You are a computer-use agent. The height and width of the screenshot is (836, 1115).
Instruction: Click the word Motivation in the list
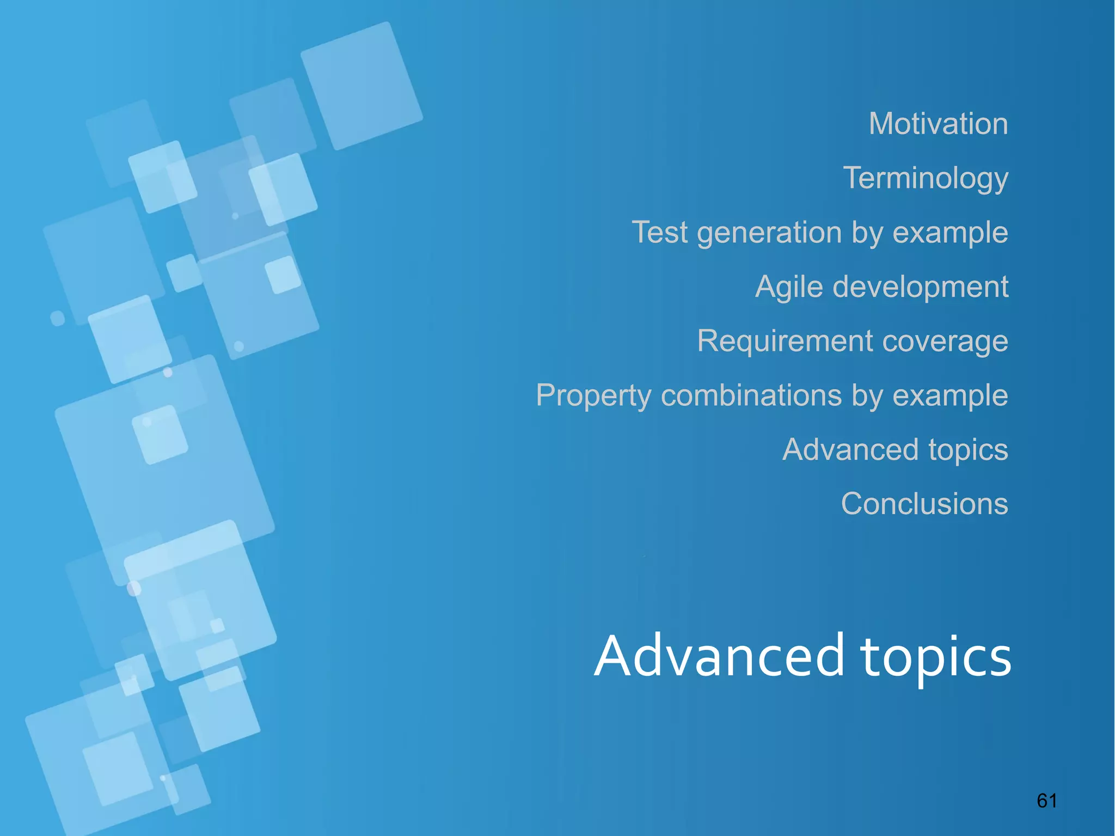click(x=938, y=124)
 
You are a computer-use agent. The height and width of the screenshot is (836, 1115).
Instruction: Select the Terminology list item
click(x=926, y=178)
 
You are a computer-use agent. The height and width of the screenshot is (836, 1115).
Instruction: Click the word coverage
click(x=945, y=341)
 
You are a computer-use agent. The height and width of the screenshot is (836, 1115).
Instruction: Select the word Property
click(x=593, y=396)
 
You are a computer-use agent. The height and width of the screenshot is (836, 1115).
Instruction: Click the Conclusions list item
click(x=924, y=504)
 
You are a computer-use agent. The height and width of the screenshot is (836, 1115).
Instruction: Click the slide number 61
click(x=1046, y=801)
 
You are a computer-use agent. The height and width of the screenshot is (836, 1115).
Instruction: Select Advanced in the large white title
click(x=719, y=656)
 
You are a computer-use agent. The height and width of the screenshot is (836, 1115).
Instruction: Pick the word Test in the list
click(x=659, y=233)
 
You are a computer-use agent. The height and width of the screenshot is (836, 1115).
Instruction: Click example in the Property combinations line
click(x=950, y=396)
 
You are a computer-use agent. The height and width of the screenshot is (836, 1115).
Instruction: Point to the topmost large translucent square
click(x=362, y=86)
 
